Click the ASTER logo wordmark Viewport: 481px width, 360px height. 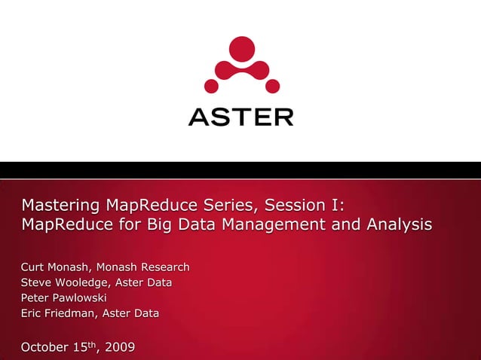coord(240,117)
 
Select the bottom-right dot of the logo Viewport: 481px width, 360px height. coord(273,86)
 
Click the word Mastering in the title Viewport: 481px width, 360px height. coord(61,205)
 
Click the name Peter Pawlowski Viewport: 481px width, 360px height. coord(64,298)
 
